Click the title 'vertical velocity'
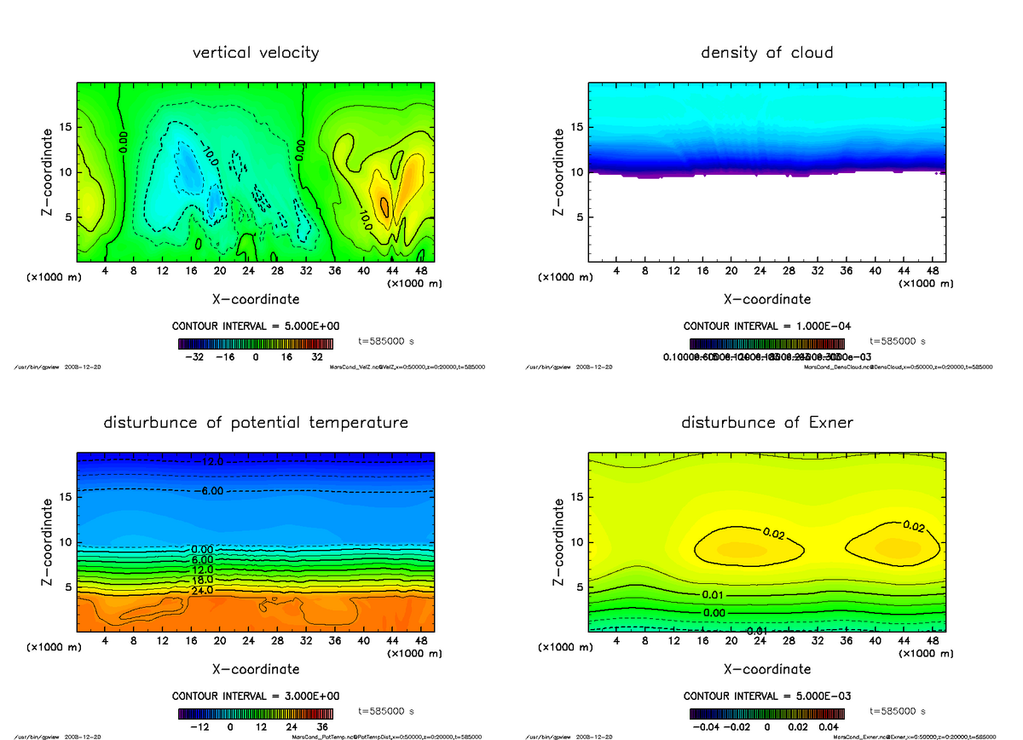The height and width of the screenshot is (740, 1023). (256, 53)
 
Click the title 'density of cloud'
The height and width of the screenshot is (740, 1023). (766, 53)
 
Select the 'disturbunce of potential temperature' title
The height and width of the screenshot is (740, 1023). (256, 423)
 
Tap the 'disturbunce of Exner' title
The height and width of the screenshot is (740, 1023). (766, 423)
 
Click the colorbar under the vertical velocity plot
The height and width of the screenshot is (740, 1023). (256, 344)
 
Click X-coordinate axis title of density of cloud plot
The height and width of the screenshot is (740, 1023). (766, 299)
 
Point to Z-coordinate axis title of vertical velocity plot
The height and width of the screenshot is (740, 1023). (48, 171)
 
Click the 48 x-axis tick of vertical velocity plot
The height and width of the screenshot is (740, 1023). (420, 270)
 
